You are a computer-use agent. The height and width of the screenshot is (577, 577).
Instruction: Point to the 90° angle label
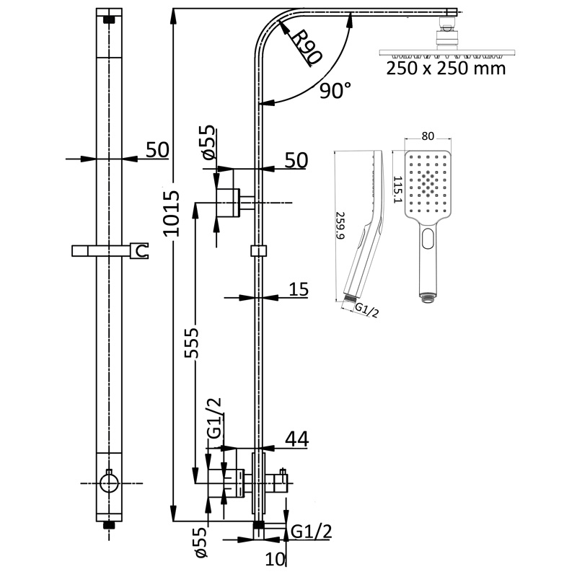335,90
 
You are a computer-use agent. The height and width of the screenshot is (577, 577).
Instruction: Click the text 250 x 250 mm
446,69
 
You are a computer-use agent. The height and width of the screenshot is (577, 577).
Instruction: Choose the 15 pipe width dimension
299,289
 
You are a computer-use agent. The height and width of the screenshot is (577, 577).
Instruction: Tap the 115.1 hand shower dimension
397,189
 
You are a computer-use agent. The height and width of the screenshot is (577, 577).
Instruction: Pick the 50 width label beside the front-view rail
157,149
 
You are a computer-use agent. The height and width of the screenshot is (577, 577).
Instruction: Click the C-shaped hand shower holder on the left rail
141,251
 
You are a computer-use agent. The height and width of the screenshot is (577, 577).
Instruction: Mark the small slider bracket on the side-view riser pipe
258,251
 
